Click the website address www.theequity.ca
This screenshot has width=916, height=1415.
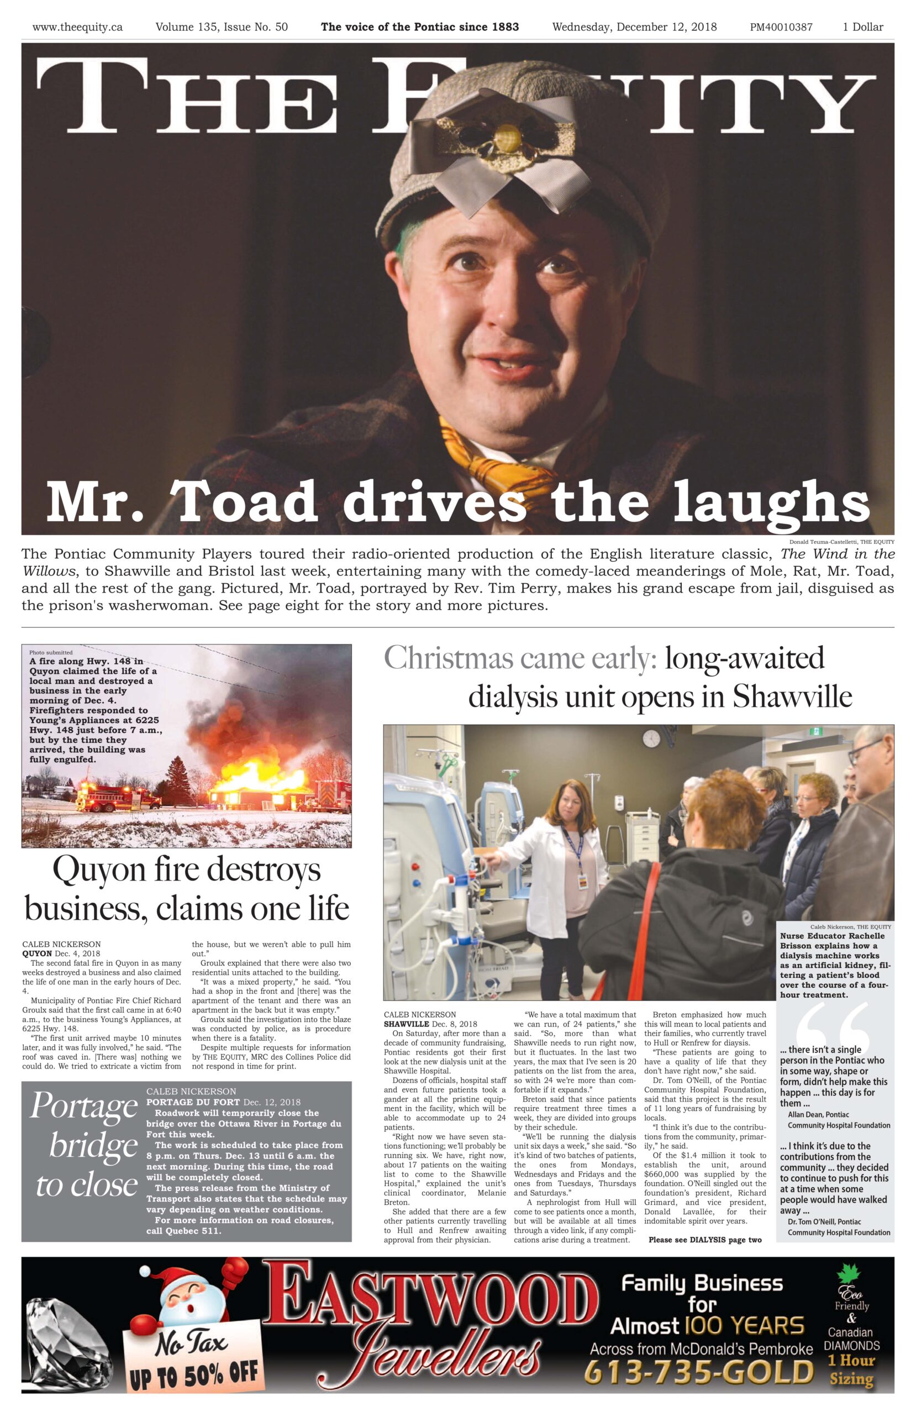77,27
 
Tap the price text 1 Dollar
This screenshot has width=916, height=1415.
862,27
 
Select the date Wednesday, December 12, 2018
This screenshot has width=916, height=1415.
634,27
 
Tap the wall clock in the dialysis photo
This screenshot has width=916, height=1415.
651,738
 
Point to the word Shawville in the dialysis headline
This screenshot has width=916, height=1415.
792,695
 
